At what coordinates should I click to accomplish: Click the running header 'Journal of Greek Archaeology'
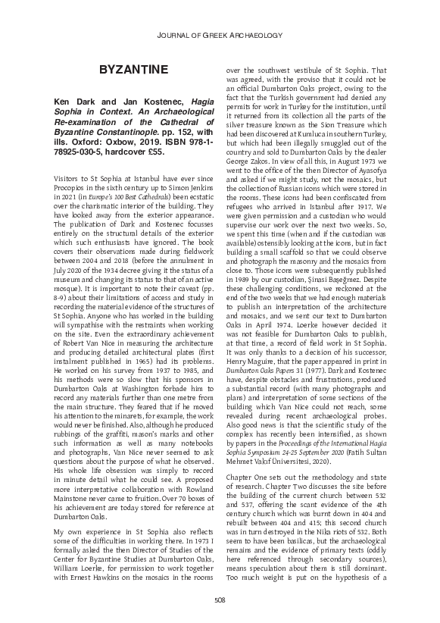[220, 35]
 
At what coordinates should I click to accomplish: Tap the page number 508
[220, 602]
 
